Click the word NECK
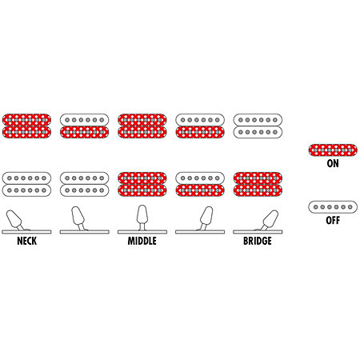point(26,241)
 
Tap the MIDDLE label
point(142,241)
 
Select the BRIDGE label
point(258,241)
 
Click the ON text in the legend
point(333,163)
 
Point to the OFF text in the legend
point(333,220)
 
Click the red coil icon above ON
point(333,150)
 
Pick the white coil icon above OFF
point(333,207)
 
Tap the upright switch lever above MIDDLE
point(142,217)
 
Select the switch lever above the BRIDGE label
point(269,220)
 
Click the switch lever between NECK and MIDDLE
point(78,217)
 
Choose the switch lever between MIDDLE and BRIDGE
point(206,217)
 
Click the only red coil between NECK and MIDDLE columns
point(85,132)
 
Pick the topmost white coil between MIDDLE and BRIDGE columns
point(200,120)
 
